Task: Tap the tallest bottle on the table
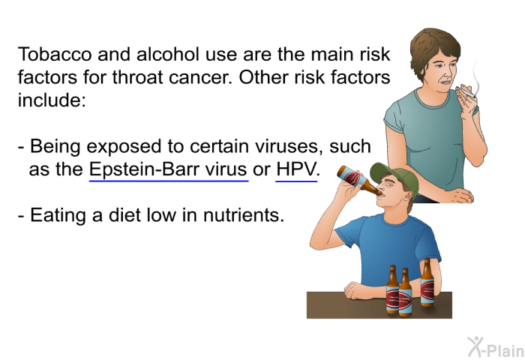(x=427, y=281)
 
